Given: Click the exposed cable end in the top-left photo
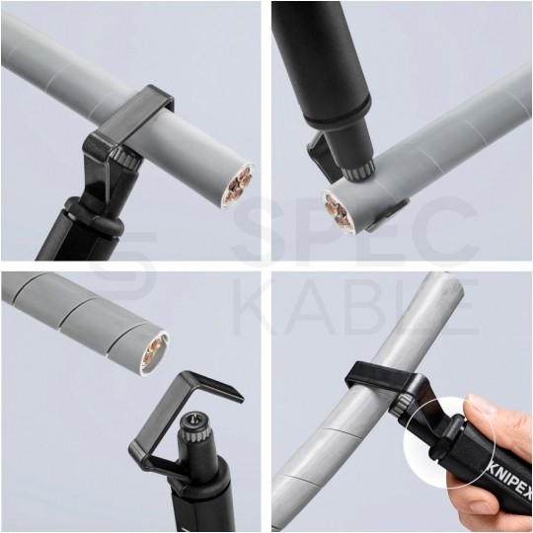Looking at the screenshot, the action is click(240, 186).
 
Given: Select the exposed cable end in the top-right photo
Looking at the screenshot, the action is click(338, 212).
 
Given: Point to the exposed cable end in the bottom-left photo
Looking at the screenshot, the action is click(155, 354).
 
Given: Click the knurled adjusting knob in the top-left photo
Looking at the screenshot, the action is click(127, 157).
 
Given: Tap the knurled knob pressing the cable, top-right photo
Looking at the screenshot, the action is click(357, 170).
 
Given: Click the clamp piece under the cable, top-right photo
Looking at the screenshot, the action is click(388, 217).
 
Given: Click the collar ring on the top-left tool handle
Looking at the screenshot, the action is click(93, 217).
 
